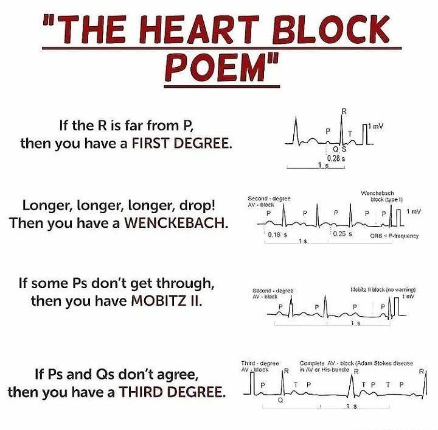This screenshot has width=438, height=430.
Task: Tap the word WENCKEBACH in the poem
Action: (176, 223)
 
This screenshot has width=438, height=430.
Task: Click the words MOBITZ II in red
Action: (166, 301)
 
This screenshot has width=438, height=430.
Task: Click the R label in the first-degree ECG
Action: (344, 111)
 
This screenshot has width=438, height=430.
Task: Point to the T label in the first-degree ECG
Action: (350, 133)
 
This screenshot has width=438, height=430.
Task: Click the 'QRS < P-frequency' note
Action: (394, 236)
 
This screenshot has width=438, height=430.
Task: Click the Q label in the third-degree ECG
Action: (280, 401)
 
